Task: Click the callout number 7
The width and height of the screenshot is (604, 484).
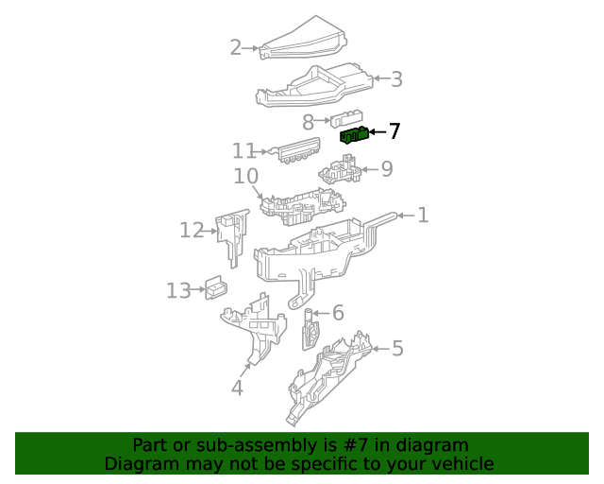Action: pyautogui.click(x=394, y=131)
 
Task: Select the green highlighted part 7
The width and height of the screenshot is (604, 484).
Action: pyautogui.click(x=354, y=135)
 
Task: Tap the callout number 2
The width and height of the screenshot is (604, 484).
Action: pyautogui.click(x=236, y=47)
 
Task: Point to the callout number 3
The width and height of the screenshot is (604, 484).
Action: pyautogui.click(x=396, y=79)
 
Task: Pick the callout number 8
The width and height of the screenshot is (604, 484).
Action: pyautogui.click(x=308, y=122)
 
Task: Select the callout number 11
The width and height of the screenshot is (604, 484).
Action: pyautogui.click(x=243, y=151)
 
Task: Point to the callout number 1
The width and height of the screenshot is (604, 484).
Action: pyautogui.click(x=423, y=216)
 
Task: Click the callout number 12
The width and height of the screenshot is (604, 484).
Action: pyautogui.click(x=192, y=230)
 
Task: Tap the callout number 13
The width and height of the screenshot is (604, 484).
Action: pyautogui.click(x=178, y=290)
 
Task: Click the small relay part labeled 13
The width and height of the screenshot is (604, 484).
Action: pyautogui.click(x=216, y=288)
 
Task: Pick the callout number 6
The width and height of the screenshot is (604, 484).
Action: pyautogui.click(x=337, y=313)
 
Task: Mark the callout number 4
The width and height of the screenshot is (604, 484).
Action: pyautogui.click(x=237, y=387)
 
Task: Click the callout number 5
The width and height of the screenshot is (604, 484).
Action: pyautogui.click(x=397, y=349)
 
